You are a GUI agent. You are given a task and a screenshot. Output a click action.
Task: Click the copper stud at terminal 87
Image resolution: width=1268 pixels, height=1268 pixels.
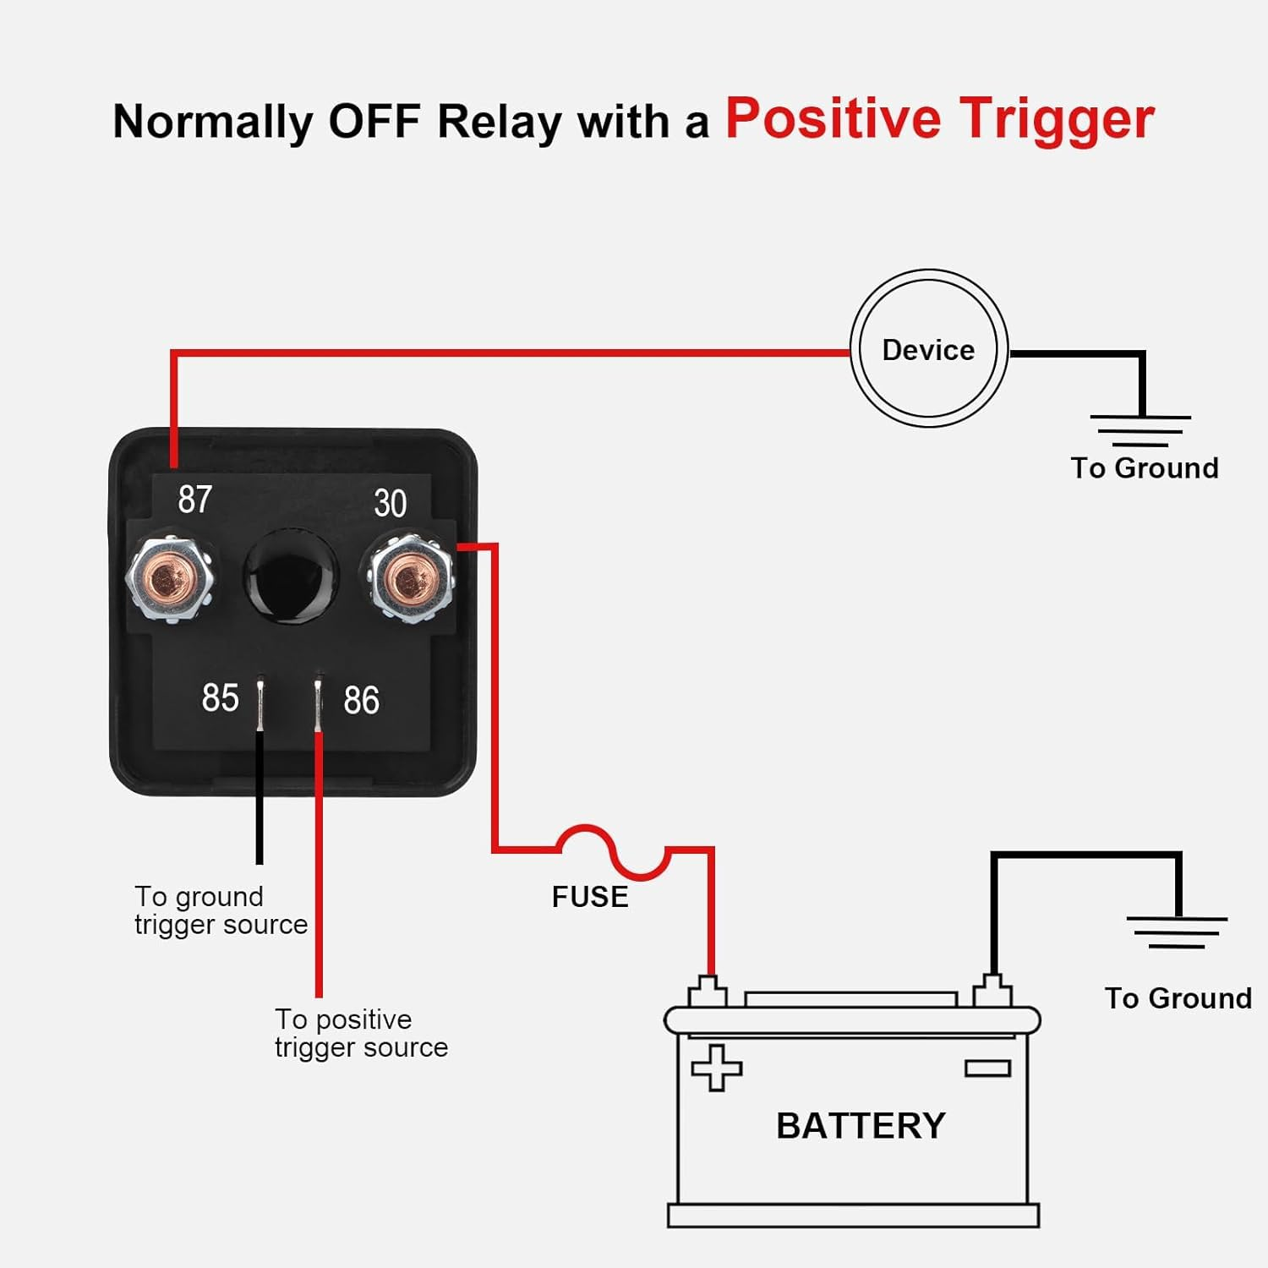pyautogui.click(x=170, y=579)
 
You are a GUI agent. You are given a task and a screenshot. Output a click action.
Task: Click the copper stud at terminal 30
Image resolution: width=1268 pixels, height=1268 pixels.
pyautogui.click(x=411, y=579)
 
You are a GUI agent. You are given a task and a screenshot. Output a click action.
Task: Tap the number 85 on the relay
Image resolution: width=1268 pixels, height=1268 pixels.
pyautogui.click(x=220, y=698)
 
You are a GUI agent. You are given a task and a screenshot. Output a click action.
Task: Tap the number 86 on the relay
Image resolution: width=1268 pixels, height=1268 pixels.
pyautogui.click(x=361, y=701)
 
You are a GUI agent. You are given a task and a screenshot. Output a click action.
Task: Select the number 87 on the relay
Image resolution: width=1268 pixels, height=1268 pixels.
pyautogui.click(x=194, y=500)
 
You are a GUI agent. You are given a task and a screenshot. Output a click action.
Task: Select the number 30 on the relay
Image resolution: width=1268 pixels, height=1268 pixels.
pyautogui.click(x=390, y=504)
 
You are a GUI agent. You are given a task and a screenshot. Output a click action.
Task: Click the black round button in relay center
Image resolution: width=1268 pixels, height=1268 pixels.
pyautogui.click(x=290, y=577)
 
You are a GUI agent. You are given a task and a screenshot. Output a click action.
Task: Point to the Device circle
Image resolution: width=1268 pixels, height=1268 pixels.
pyautogui.click(x=928, y=349)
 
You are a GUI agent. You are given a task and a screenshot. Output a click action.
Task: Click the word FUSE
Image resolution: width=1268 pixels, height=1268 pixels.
pyautogui.click(x=590, y=897)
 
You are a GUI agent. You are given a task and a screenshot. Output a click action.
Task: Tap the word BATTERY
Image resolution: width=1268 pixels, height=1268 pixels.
pyautogui.click(x=861, y=1126)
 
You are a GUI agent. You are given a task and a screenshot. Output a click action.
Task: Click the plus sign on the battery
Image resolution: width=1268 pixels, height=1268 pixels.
pyautogui.click(x=717, y=1068)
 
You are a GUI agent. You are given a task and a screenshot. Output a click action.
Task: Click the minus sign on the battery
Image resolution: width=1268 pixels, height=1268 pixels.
pyautogui.click(x=987, y=1069)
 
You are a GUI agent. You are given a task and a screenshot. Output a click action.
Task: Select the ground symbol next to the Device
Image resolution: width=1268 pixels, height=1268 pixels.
pyautogui.click(x=1140, y=429)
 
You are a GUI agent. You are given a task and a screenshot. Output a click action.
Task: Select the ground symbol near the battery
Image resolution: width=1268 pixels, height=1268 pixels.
pyautogui.click(x=1177, y=932)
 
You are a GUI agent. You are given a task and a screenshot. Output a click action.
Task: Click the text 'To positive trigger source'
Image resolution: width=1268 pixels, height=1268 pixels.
pyautogui.click(x=361, y=1033)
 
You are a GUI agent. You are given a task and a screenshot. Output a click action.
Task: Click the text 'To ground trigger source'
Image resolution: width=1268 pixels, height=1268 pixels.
pyautogui.click(x=221, y=910)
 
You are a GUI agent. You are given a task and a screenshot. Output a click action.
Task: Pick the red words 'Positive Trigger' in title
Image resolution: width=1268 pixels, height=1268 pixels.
pyautogui.click(x=939, y=118)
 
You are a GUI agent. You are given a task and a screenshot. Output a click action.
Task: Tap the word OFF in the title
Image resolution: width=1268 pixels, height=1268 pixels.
pyautogui.click(x=374, y=121)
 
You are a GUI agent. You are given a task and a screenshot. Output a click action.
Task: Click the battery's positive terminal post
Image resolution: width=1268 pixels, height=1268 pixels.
pyautogui.click(x=708, y=990)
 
